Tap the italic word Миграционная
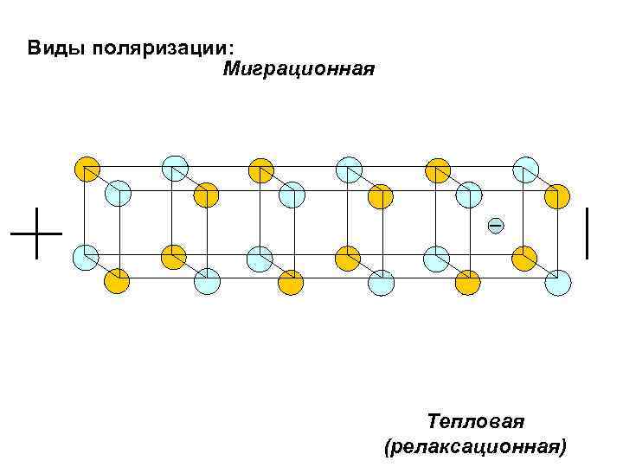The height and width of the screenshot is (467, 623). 299,68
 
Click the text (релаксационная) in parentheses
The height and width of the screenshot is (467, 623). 475,446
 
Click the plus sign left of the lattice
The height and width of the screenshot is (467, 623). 36,233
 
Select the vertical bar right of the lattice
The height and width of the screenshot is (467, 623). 588,233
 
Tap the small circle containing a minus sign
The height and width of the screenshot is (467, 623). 495,226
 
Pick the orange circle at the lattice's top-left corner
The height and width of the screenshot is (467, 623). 87,168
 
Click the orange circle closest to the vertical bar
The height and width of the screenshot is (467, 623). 556,196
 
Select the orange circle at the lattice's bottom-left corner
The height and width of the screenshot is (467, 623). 117,281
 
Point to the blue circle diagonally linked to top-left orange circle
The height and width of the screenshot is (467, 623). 118,193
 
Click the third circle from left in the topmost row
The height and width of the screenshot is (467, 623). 261,170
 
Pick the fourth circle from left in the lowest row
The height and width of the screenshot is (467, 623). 381,282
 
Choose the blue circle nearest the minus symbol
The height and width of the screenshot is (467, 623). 468,195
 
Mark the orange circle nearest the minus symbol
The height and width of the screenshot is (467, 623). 523,257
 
